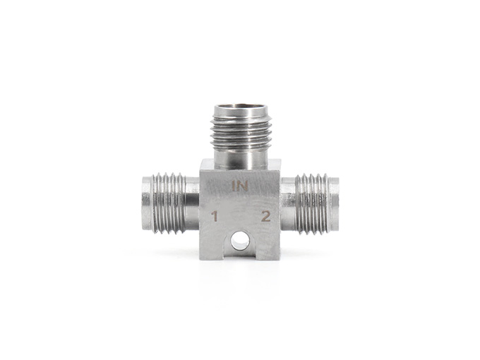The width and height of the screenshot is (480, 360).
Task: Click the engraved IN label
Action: (x=240, y=186)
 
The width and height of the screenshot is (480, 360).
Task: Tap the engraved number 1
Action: (x=215, y=217)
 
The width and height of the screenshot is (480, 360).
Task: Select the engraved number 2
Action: (x=265, y=216)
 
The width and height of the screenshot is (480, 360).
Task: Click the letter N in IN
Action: (x=242, y=186)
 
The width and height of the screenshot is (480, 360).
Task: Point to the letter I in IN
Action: (x=233, y=186)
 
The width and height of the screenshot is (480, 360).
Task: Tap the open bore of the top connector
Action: (x=240, y=108)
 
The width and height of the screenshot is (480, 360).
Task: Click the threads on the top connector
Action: (x=241, y=131)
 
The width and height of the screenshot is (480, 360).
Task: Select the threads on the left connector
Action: (x=169, y=203)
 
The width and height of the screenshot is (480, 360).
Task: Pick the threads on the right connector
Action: (x=313, y=204)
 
